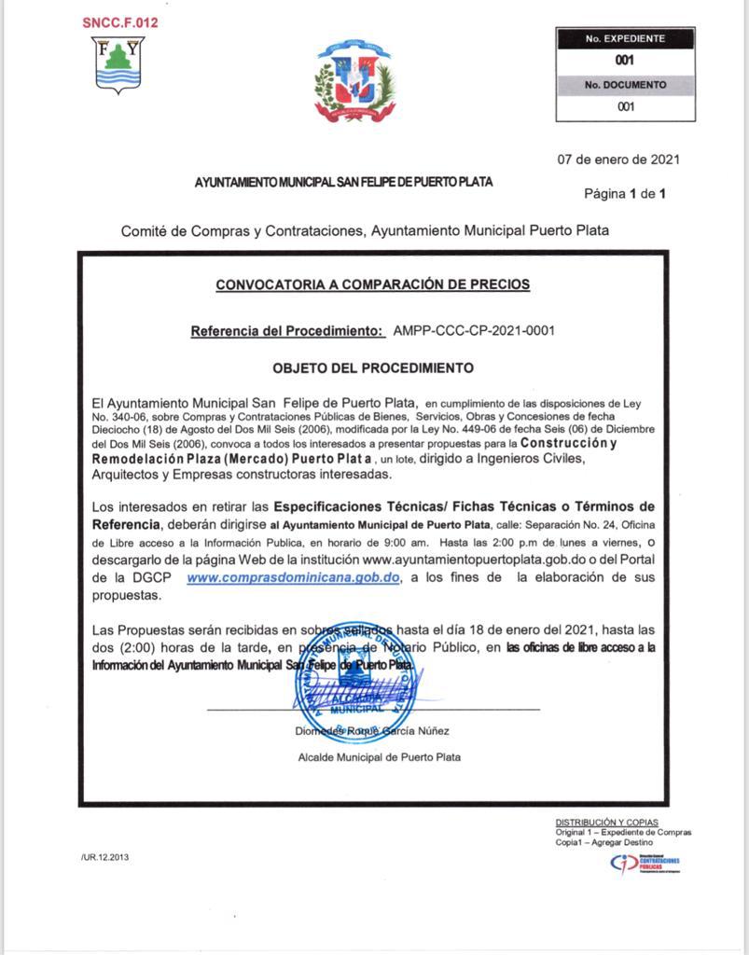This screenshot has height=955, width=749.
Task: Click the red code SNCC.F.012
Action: (120, 23)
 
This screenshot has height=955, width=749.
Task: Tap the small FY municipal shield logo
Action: (119, 63)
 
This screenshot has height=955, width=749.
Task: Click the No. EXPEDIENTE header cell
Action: (625, 39)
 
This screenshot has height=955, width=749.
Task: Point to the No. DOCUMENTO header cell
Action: (625, 85)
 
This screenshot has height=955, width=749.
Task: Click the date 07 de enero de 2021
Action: (618, 159)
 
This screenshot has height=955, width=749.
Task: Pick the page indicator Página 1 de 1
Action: (625, 194)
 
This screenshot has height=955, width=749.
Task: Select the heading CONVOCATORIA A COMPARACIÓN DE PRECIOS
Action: (372, 284)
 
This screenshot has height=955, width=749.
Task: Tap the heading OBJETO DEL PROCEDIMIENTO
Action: (372, 368)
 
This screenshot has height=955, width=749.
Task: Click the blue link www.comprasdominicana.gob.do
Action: (294, 578)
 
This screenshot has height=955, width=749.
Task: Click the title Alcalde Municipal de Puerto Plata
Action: (379, 757)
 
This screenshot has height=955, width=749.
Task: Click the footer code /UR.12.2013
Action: (99, 858)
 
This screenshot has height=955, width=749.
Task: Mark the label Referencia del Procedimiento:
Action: (287, 331)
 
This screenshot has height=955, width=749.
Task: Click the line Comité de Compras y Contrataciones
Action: (365, 230)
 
